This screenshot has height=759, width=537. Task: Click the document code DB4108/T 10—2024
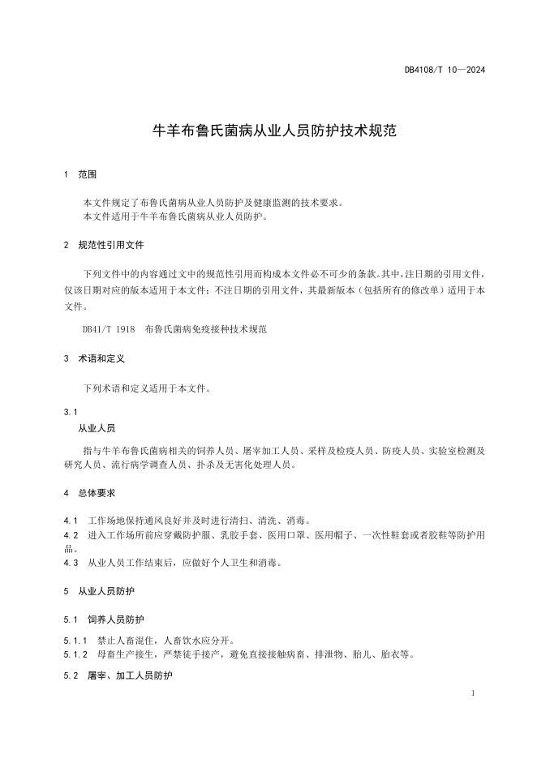tap(445, 70)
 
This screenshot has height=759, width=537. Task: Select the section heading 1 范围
tap(80, 174)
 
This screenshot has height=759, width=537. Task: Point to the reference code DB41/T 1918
tap(108, 330)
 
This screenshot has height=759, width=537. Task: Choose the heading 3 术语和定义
tap(93, 358)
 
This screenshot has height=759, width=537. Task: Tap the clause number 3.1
tap(71, 411)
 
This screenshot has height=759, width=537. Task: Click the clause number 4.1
tap(71, 519)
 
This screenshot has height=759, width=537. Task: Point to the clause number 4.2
tap(71, 534)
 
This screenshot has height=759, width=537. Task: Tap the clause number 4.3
tap(71, 562)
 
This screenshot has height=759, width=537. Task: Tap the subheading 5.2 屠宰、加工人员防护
tap(118, 675)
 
